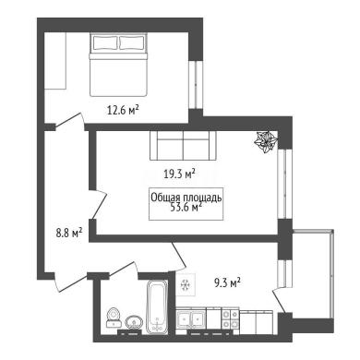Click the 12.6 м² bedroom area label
[123, 110]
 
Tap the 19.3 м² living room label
[180, 174]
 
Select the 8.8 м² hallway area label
[69, 233]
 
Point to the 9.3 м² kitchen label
[227, 282]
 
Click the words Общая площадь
[186, 198]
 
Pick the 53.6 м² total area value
[186, 207]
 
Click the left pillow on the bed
[105, 42]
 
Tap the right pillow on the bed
[132, 42]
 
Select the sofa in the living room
[183, 146]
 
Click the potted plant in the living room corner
[266, 141]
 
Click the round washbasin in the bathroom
[134, 322]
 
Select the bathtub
[157, 306]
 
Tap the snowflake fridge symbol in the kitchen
[186, 285]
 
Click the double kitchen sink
[191, 318]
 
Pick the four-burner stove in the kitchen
[231, 319]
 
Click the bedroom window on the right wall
[196, 84]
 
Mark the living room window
[284, 184]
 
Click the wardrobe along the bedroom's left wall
[55, 61]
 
